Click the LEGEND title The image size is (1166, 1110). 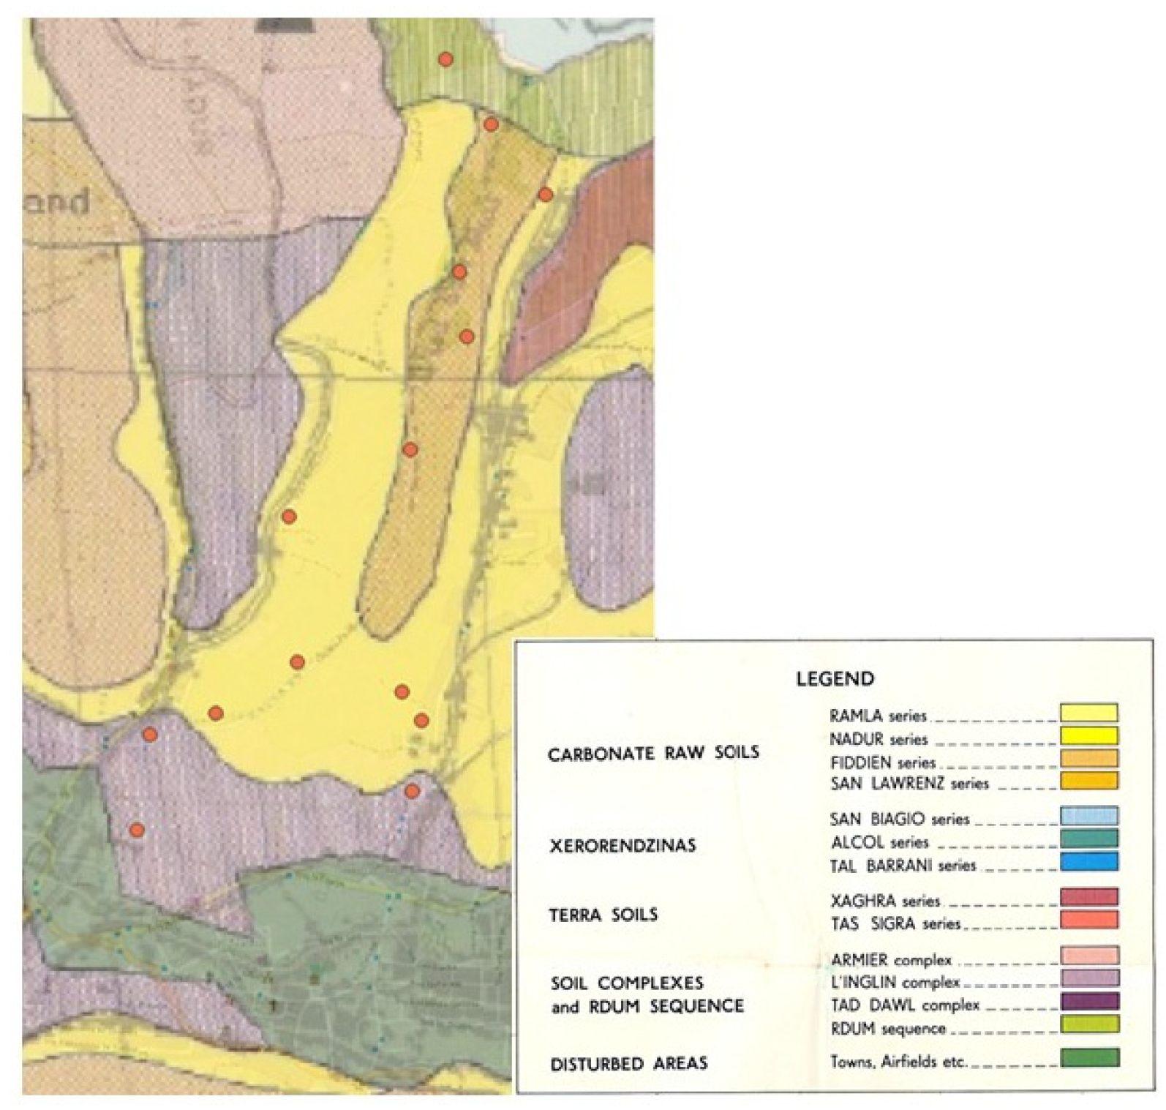click(835, 678)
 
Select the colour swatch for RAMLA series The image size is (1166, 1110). click(1088, 713)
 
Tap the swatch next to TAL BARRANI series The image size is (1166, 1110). click(1088, 861)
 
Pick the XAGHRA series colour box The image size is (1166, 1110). click(1088, 897)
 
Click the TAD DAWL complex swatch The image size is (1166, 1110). click(1088, 1001)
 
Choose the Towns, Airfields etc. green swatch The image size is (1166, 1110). click(1088, 1058)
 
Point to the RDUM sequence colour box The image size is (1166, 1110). click(1088, 1024)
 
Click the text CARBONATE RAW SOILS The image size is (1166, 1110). click(652, 753)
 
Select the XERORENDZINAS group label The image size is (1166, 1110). click(623, 846)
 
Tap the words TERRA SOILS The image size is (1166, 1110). click(603, 915)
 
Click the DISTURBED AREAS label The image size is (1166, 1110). click(628, 1063)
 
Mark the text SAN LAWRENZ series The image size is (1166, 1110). click(909, 784)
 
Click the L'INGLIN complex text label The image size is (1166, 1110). click(895, 982)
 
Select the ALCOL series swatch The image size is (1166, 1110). click(1088, 839)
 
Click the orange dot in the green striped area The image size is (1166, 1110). click(445, 59)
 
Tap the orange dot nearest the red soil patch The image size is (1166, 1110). click(545, 194)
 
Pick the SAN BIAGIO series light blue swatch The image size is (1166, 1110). click(1088, 816)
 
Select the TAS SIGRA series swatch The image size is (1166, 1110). click(1088, 920)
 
